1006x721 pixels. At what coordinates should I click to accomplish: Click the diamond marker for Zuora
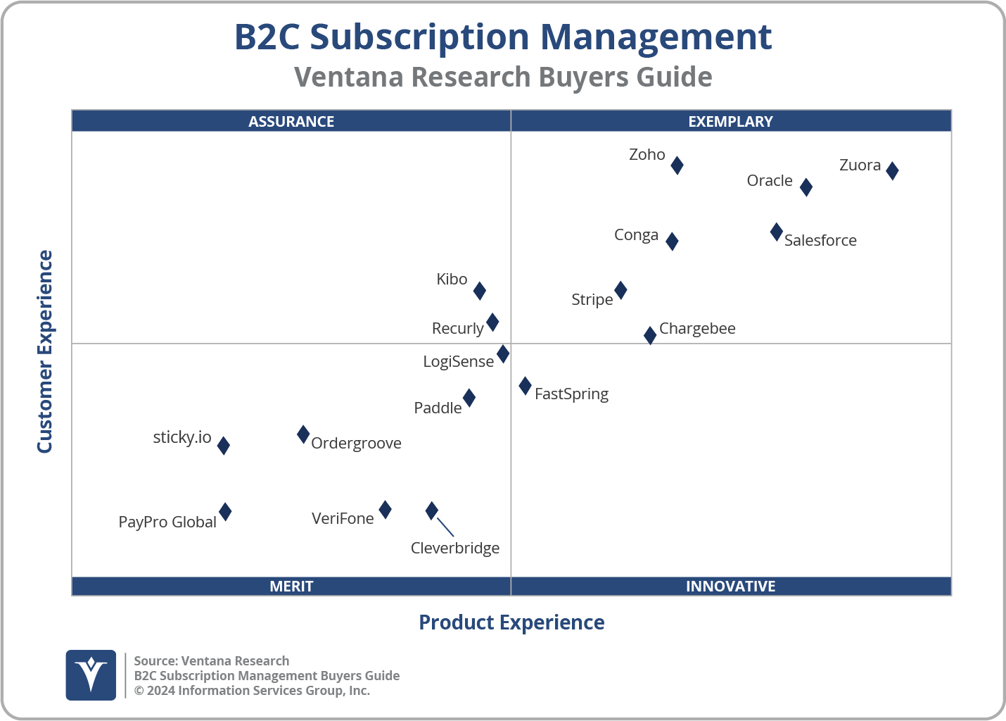pos(892,170)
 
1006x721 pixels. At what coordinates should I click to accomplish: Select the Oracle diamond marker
pos(806,187)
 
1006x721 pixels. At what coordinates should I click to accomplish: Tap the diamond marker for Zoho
pos(677,165)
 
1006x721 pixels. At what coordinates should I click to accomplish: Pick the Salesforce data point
pos(776,232)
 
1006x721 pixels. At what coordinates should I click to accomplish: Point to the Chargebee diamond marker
pos(650,335)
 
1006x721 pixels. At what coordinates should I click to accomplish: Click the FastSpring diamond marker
pos(525,386)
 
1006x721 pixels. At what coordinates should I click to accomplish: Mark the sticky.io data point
pos(223,445)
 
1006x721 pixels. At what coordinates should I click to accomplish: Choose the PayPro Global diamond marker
pos(225,512)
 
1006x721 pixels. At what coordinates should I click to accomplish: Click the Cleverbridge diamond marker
pos(432,510)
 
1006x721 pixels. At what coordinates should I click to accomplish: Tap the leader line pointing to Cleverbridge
pos(445,527)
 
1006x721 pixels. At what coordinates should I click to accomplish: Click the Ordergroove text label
pos(356,444)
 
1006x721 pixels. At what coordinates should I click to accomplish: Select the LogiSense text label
pos(458,362)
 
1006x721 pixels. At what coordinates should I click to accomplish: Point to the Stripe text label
pos(592,300)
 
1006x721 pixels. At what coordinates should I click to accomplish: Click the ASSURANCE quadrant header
pos(291,121)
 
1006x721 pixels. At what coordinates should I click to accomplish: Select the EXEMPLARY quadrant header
pos(730,121)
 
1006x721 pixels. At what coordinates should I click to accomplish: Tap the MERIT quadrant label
pos(291,586)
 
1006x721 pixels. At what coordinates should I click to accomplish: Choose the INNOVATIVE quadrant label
pos(730,586)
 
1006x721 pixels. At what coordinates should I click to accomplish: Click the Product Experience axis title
pos(511,622)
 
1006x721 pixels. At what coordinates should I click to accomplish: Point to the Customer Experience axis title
pos(45,352)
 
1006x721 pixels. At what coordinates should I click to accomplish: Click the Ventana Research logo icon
pos(91,675)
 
